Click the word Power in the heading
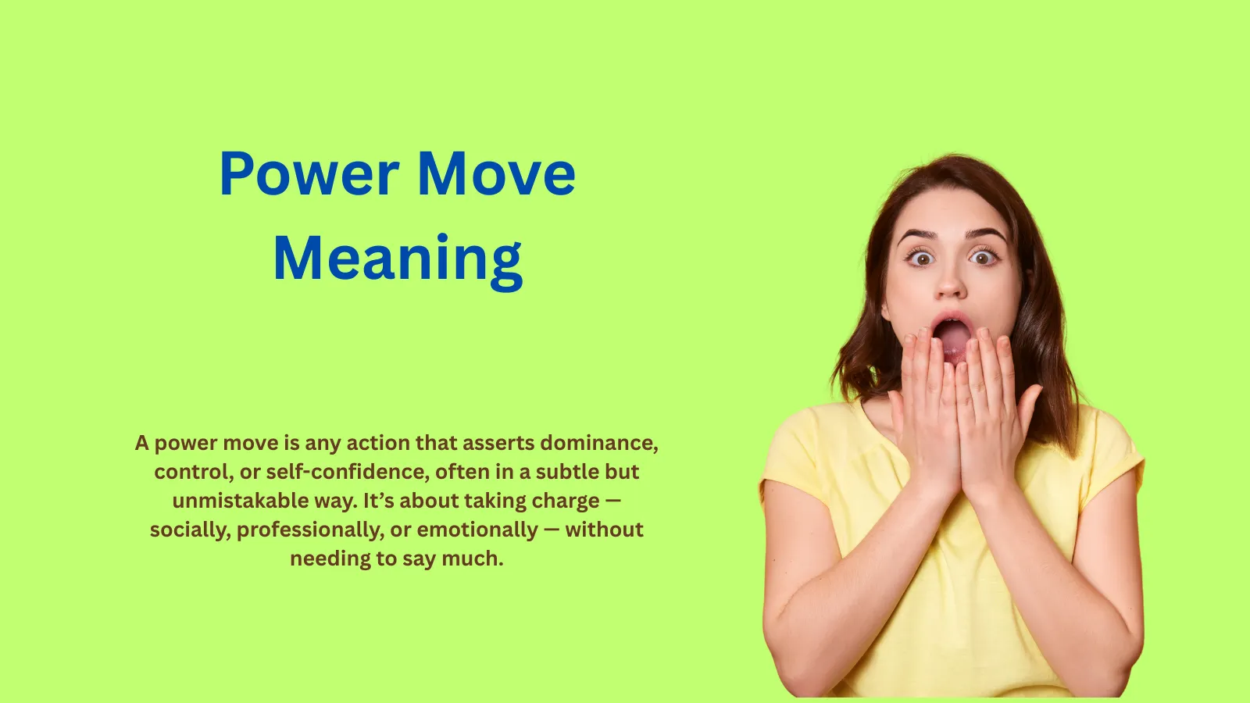tap(309, 173)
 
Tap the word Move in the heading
tap(497, 173)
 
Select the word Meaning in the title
tap(398, 259)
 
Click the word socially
tap(190, 530)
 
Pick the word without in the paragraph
tap(604, 530)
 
